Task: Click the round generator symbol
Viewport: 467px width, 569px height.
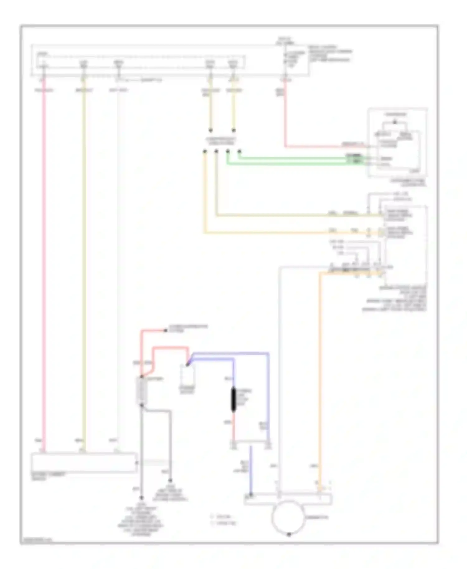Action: tap(288, 517)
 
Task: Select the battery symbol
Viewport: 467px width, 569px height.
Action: tap(142, 391)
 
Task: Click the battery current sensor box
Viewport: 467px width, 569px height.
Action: tap(83, 463)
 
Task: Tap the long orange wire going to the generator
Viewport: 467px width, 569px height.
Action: tap(320, 374)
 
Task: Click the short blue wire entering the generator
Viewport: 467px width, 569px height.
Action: tap(250, 470)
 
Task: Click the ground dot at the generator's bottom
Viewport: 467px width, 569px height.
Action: tap(289, 534)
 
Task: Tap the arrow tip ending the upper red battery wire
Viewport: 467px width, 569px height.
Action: tap(166, 330)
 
